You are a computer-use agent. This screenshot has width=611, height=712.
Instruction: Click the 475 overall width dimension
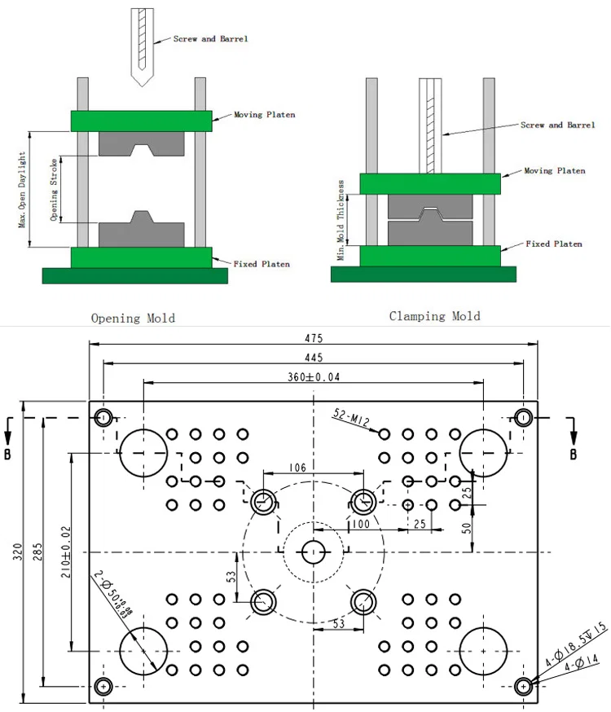pyautogui.click(x=314, y=338)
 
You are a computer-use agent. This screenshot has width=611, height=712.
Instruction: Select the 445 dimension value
pyautogui.click(x=314, y=358)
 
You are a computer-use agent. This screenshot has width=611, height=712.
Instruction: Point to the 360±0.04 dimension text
pyautogui.click(x=314, y=377)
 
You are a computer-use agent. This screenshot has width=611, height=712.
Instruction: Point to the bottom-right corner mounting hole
pyautogui.click(x=523, y=686)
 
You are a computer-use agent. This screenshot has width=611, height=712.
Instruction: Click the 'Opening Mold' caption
pyautogui.click(x=133, y=318)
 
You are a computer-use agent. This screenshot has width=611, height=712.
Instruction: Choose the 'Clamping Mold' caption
pyautogui.click(x=434, y=316)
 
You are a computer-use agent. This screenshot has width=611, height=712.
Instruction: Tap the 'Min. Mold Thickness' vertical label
pyautogui.click(x=342, y=220)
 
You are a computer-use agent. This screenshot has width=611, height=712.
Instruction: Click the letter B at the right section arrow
pyautogui.click(x=573, y=454)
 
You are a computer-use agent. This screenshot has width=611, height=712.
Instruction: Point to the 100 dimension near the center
pyautogui.click(x=360, y=524)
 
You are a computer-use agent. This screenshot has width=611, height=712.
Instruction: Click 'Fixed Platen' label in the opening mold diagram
pyautogui.click(x=262, y=264)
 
